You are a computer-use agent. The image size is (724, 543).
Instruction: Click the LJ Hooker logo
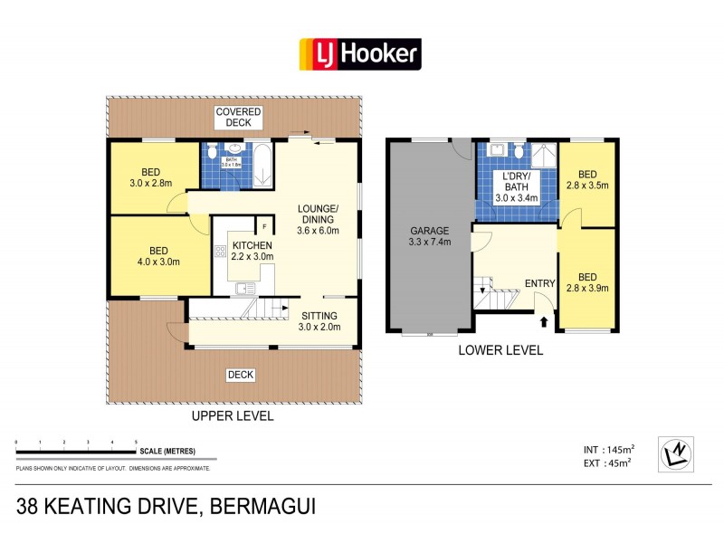360,54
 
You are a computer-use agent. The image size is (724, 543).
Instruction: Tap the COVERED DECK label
238,117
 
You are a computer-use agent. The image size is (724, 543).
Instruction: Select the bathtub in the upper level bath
261,165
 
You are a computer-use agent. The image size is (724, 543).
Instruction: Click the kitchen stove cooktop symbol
219,251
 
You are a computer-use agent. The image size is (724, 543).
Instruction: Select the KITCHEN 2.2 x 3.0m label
252,251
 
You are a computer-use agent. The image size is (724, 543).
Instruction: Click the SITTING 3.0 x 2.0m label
320,321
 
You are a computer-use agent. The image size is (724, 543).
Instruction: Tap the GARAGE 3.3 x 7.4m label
430,236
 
